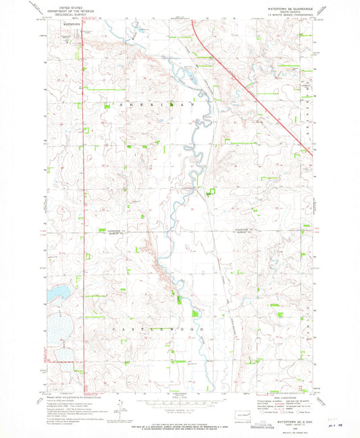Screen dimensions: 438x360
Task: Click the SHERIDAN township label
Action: (159, 105)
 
